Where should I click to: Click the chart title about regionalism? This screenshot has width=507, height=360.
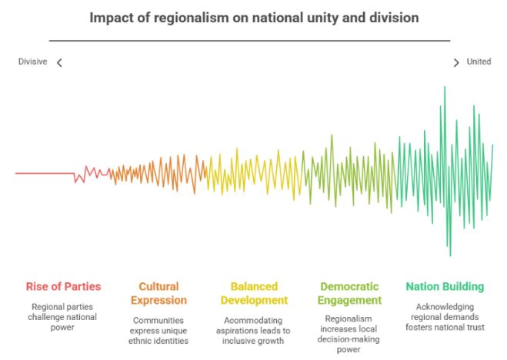click(254, 18)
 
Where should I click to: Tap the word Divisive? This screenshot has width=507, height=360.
click(33, 62)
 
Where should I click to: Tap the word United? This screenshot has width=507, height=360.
click(479, 62)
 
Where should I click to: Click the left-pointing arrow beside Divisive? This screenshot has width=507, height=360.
click(59, 62)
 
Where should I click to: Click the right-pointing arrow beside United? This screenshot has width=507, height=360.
click(456, 62)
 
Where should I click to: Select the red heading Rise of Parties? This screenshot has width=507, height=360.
click(63, 287)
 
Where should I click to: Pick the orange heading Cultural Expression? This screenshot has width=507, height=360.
click(158, 293)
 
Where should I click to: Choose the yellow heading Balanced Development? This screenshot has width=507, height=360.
click(254, 293)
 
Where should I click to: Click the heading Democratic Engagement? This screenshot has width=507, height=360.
click(350, 293)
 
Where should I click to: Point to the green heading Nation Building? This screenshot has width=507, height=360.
click(445, 287)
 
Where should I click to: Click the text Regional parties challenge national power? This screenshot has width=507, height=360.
click(63, 316)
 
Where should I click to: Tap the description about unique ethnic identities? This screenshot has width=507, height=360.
click(158, 329)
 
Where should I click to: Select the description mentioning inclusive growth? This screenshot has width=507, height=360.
click(254, 329)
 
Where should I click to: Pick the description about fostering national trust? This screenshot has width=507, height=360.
click(445, 316)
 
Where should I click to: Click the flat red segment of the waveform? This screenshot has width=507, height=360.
click(45, 173)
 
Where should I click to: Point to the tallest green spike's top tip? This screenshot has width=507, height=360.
click(445, 87)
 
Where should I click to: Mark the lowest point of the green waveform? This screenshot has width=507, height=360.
click(450, 255)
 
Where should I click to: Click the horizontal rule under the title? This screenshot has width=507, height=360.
click(250, 41)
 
